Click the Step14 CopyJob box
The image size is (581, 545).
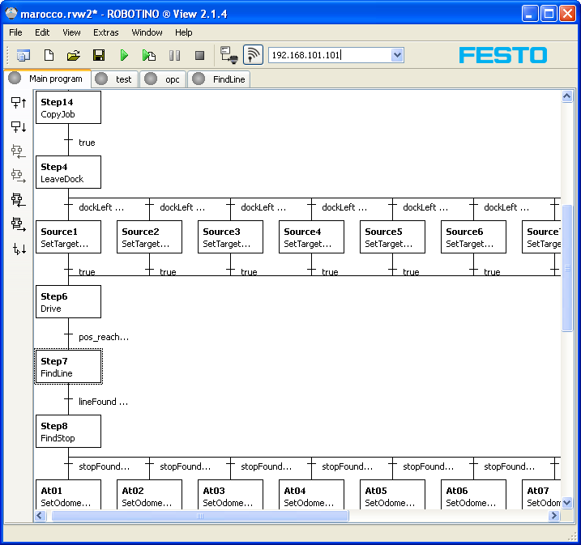coord(68,108)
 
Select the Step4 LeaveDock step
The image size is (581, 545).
coord(68,172)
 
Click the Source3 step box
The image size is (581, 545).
coord(230,237)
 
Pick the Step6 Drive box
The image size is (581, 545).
coord(68,302)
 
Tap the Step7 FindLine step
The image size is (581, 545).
coord(68,367)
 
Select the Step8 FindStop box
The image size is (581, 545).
coord(68,432)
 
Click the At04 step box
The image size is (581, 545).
coord(312,494)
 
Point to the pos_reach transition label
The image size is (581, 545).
coord(104,338)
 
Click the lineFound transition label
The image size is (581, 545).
coord(104,402)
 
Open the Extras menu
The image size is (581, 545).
coord(106,32)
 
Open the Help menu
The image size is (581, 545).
coord(184,32)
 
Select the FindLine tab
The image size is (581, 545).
coord(219,79)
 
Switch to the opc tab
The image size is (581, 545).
coord(163,79)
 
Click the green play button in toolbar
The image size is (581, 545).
coord(124,56)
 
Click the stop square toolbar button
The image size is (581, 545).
coord(199,56)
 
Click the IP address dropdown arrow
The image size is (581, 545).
coord(397,55)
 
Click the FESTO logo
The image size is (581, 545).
coord(503,55)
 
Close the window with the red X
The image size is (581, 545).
coord(567,14)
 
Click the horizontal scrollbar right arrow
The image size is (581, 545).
coord(554,515)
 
